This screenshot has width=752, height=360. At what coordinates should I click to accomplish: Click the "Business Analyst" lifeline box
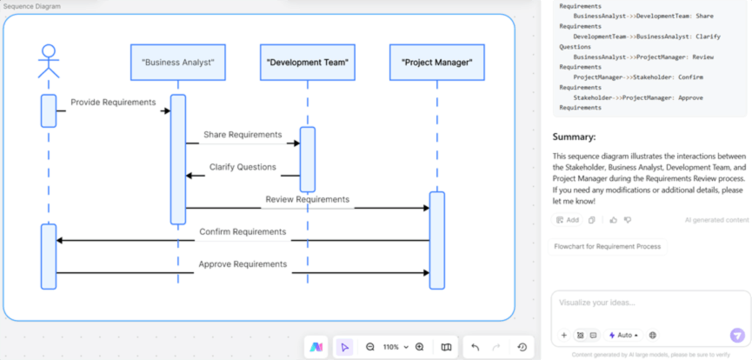[x=178, y=63]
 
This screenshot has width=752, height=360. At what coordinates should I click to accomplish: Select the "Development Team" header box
[x=307, y=63]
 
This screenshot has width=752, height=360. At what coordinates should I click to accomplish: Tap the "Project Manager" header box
[x=436, y=63]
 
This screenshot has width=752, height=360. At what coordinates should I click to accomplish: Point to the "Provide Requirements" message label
[x=113, y=103]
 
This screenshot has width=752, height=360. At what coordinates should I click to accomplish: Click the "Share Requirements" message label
[x=243, y=135]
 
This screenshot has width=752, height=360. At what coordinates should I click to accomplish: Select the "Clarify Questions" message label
[x=243, y=167]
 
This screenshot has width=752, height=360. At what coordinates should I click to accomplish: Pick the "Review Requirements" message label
[x=307, y=200]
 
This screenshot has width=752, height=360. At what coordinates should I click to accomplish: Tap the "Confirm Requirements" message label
[x=243, y=232]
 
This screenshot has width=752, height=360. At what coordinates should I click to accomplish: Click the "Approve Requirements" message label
[x=243, y=264]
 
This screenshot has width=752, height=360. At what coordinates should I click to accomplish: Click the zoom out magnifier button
[x=370, y=347]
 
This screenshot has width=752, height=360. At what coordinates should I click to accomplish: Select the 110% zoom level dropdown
[x=396, y=347]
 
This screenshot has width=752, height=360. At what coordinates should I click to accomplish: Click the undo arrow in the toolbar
[x=476, y=347]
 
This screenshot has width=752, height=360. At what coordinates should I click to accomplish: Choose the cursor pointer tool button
[x=344, y=347]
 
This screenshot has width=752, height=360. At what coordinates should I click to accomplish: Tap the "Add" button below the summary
[x=567, y=220]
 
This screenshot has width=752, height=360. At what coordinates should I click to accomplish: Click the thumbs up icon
[x=614, y=220]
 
